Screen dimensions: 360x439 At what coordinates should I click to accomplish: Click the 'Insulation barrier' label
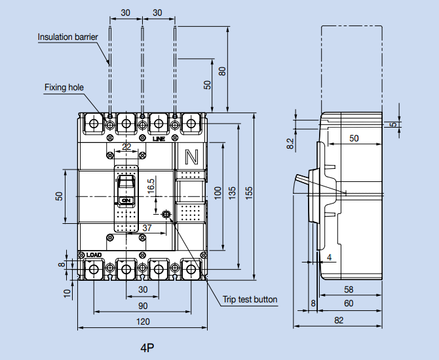(x=67, y=37)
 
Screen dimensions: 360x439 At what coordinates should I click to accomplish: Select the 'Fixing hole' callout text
(x=64, y=87)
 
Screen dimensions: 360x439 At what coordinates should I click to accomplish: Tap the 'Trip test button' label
(x=250, y=300)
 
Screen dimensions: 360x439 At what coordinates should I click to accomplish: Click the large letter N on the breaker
(x=192, y=157)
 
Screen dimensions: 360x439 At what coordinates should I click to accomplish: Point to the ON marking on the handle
(x=126, y=200)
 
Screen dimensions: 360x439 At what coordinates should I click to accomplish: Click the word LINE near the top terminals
(x=159, y=139)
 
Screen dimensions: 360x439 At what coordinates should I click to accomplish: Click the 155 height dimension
(x=249, y=194)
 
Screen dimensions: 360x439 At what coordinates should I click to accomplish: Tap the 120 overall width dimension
(x=143, y=321)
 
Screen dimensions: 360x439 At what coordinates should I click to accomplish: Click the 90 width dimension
(x=143, y=306)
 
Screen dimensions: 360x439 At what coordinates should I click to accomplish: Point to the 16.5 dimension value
(x=151, y=185)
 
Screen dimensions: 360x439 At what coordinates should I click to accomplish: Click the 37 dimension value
(x=147, y=228)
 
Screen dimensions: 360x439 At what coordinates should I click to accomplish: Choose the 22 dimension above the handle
(x=126, y=146)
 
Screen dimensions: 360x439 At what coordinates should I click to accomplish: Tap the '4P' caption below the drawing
(x=147, y=348)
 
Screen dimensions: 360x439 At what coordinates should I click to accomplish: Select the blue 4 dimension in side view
(x=329, y=257)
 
